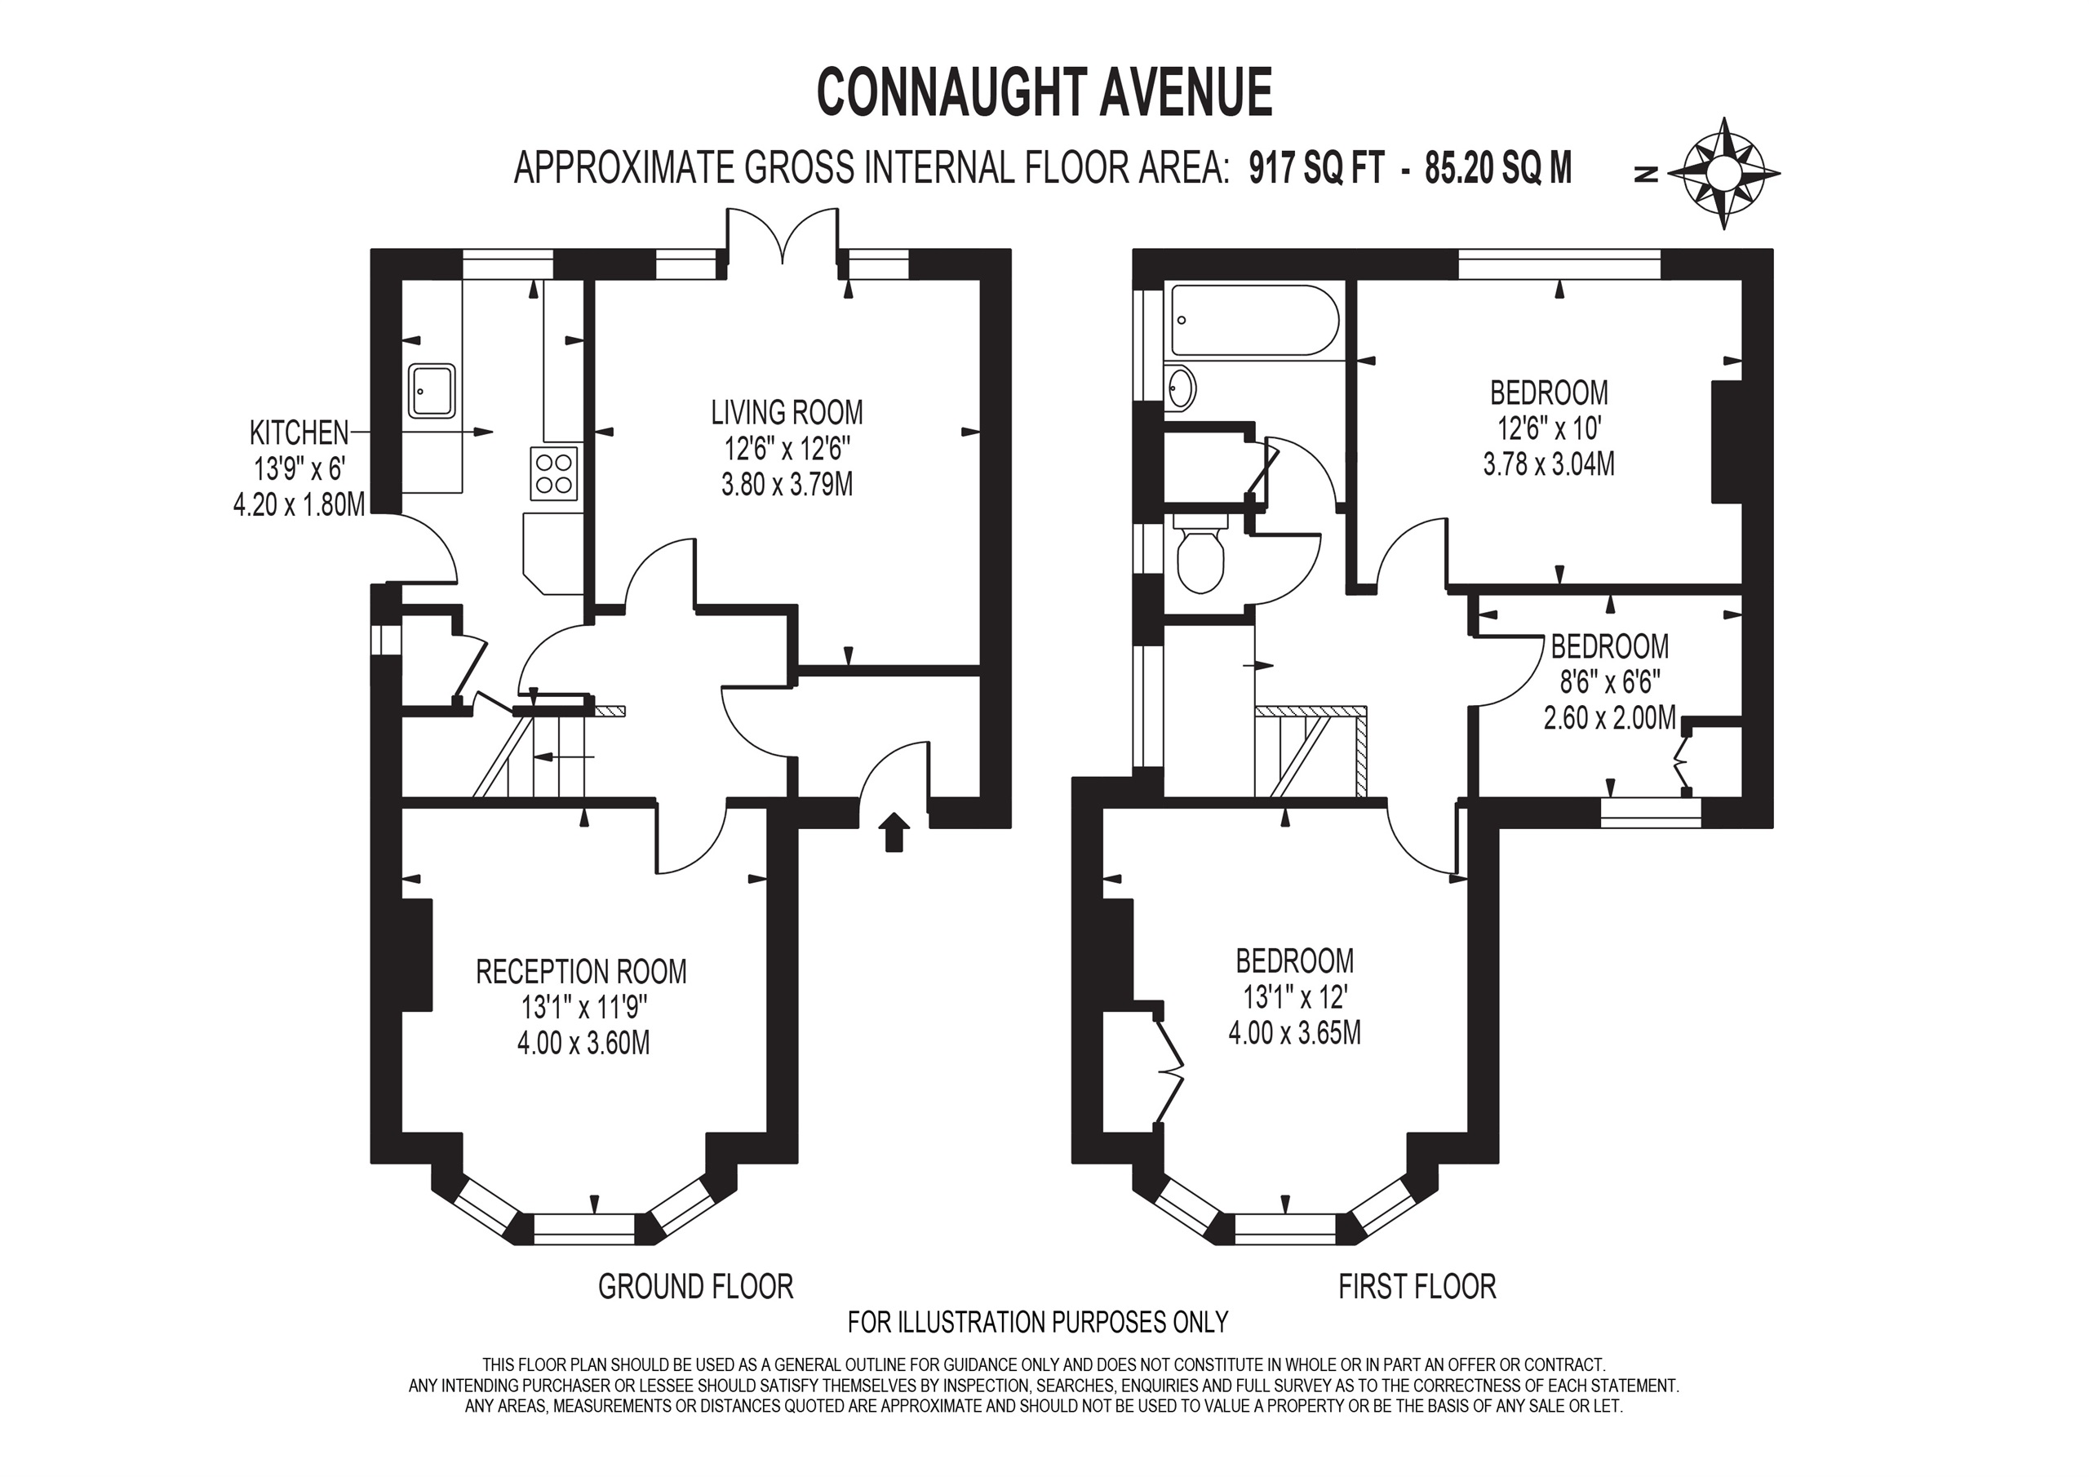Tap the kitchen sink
pos(432,392)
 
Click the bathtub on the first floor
pos(1253,321)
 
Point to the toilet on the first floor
pos(1201,555)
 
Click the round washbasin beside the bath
pos(1180,389)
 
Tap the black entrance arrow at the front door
pos(894,832)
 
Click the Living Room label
pos(787,412)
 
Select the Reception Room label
pos(581,972)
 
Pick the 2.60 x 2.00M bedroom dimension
pos(1609,718)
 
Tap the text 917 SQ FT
pos(1316,169)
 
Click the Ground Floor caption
pos(696,1287)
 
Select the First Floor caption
pos(1417,1287)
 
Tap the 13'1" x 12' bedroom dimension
pos(1295,997)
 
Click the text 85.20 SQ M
pos(1498,169)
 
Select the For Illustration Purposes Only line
pos(1038,1321)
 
